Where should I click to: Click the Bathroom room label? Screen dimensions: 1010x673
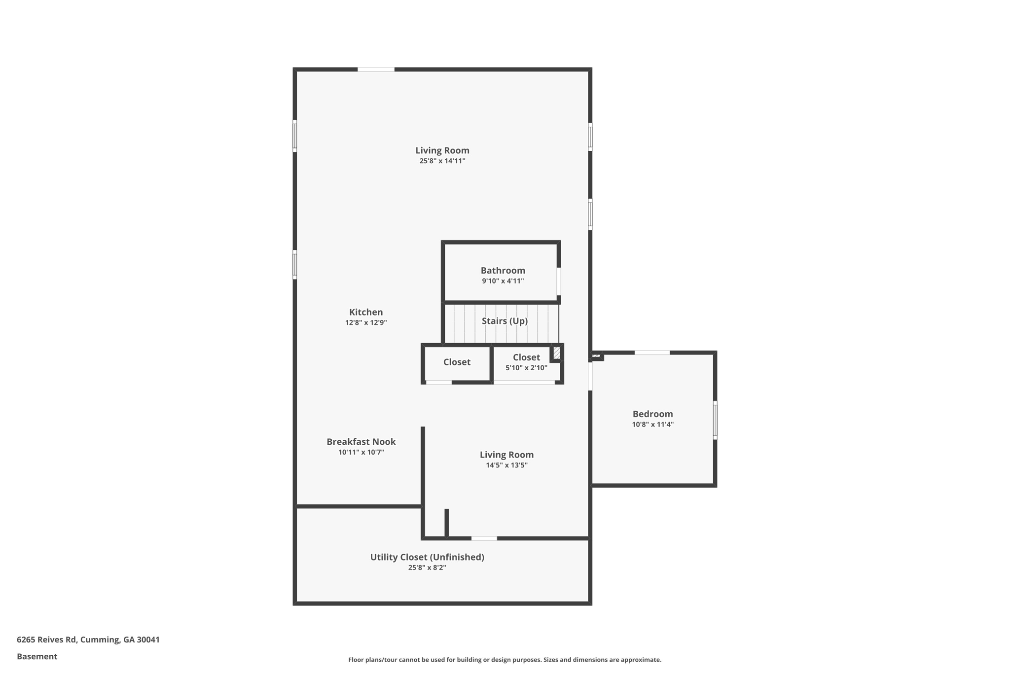503,270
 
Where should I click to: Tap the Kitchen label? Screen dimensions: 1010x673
366,312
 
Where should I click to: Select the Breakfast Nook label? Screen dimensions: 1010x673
361,442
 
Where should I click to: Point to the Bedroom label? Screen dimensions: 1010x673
652,414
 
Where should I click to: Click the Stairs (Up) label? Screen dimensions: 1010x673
505,321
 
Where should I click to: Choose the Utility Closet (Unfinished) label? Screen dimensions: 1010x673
427,557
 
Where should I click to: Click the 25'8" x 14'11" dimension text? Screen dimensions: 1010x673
442,161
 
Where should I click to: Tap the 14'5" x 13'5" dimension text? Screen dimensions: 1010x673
506,465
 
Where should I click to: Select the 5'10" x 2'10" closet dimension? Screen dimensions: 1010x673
526,368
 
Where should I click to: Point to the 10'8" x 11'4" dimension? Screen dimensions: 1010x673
652,425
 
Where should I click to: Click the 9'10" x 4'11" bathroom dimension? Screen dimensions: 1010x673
503,281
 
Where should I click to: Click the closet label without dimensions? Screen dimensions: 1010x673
457,362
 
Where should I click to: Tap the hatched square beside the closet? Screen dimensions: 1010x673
556,353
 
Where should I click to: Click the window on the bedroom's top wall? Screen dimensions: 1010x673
652,353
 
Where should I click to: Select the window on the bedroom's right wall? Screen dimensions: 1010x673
715,421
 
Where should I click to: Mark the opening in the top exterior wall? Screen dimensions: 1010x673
376,70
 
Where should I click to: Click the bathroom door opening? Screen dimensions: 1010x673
559,282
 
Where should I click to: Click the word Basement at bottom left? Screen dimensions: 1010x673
37,656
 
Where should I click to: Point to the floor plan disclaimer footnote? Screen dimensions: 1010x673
505,660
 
